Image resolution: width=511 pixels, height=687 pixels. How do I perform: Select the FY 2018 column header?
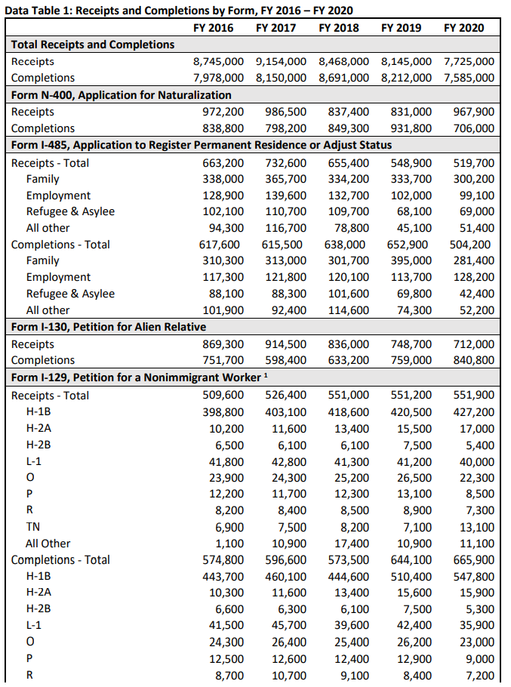(x=339, y=28)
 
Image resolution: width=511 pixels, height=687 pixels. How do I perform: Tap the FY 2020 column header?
(x=464, y=28)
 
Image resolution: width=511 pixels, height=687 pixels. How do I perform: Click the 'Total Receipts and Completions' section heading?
(x=93, y=45)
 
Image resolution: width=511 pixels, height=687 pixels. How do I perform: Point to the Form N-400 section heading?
(x=121, y=95)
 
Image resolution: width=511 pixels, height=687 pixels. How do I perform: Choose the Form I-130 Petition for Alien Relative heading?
(x=109, y=327)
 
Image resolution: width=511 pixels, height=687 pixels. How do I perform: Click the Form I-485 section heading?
(x=202, y=145)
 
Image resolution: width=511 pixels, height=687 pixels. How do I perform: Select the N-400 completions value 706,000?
(x=473, y=128)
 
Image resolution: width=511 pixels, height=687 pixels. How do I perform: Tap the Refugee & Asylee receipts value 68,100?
(x=414, y=211)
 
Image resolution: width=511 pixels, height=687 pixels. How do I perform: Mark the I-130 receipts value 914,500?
(x=286, y=344)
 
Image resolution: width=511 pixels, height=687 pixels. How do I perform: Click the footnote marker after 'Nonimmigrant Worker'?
(x=267, y=376)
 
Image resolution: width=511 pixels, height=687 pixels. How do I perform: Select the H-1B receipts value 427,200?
(x=474, y=412)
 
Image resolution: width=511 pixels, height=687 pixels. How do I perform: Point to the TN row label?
(x=33, y=527)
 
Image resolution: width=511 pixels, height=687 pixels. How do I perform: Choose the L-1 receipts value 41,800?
(x=226, y=462)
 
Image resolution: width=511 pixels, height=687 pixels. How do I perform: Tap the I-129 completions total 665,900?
(x=474, y=560)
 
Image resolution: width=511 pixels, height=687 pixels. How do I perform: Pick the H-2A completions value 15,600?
(x=414, y=593)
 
